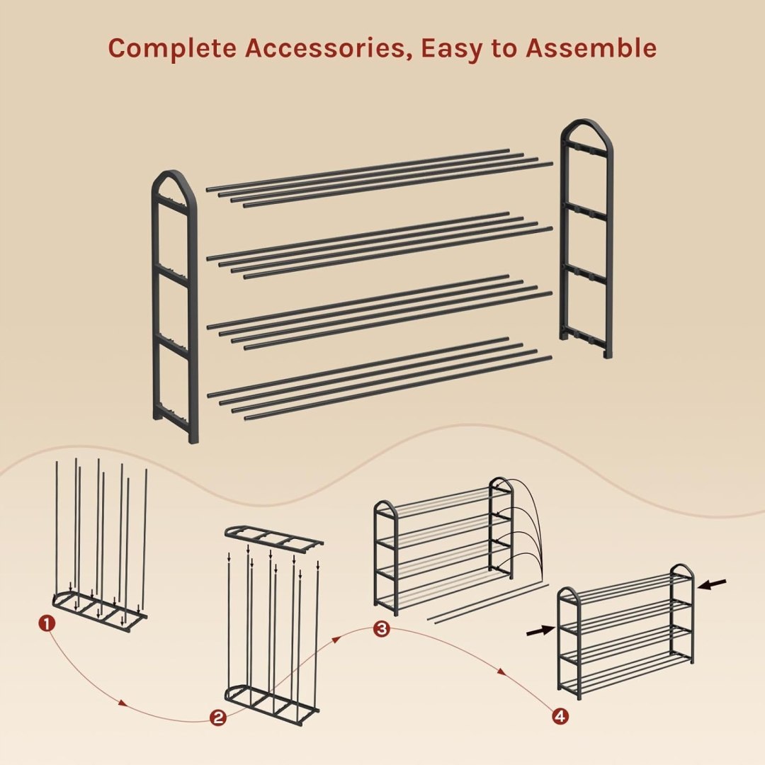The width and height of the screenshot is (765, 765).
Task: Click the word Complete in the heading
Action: pos(171,49)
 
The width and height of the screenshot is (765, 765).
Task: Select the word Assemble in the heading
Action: pos(591,48)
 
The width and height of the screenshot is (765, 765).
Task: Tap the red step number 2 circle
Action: pos(218,717)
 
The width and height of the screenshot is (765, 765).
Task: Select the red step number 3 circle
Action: pos(382,628)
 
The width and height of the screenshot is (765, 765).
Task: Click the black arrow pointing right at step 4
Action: pos(541,631)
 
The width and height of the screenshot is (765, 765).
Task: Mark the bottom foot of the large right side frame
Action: pos(608,352)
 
